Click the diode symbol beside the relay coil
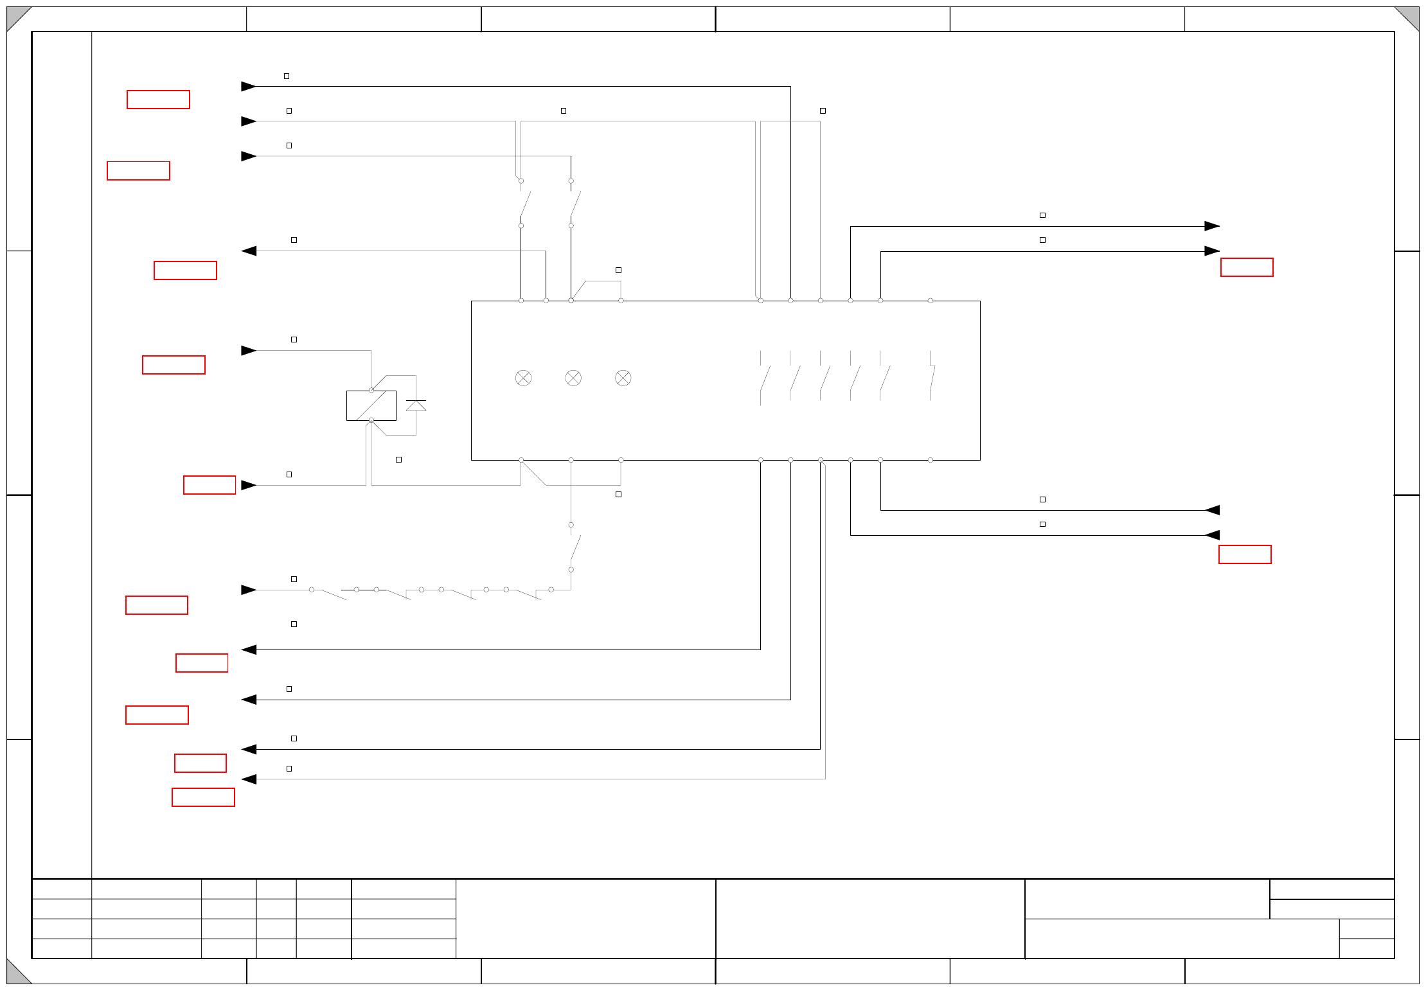416,405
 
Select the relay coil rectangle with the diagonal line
371,405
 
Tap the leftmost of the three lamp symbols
523,378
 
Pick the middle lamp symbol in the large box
573,378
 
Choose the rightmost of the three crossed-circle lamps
623,378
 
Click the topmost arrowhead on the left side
249,86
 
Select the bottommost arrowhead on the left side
249,779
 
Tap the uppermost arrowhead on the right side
1212,226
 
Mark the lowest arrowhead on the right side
1212,535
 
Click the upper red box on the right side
1247,267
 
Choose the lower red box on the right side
1245,554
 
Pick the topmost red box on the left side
158,100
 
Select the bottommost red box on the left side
203,797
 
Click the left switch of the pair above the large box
524,203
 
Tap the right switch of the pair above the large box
575,203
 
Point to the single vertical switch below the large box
575,547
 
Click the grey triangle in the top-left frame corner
15,15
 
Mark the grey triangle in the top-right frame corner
1411,15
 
